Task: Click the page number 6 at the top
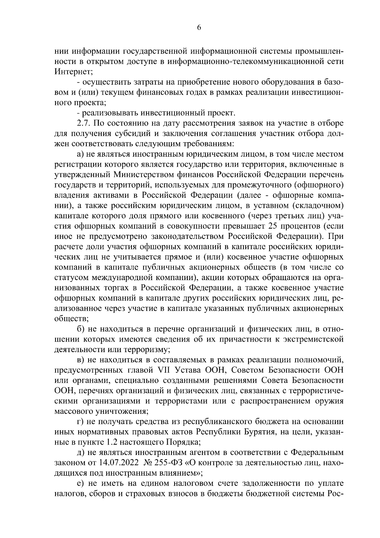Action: (x=199, y=27)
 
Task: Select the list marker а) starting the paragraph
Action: (x=80, y=154)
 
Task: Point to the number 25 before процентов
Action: (x=273, y=226)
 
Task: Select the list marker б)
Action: (x=80, y=329)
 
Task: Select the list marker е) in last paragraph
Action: (x=80, y=483)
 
